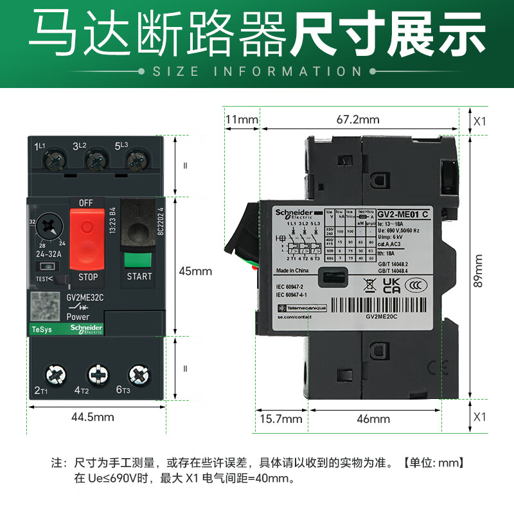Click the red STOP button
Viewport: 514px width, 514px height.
pyautogui.click(x=86, y=238)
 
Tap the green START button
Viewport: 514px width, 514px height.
pyautogui.click(x=139, y=261)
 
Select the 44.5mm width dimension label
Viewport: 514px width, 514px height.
pyautogui.click(x=93, y=417)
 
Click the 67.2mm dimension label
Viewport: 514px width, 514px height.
pyautogui.click(x=358, y=120)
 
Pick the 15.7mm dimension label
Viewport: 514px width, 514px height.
pyautogui.click(x=281, y=420)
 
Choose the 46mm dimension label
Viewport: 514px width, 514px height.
pyautogui.click(x=373, y=420)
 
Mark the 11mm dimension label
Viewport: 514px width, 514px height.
pyautogui.click(x=242, y=120)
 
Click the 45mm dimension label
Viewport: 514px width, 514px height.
pyautogui.click(x=195, y=271)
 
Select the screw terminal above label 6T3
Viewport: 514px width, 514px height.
pyautogui.click(x=138, y=373)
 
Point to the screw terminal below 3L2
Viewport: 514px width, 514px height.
pyautogui.click(x=96, y=158)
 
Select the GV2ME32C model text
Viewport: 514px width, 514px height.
pyautogui.click(x=85, y=297)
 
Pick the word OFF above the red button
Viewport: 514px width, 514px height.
pyautogui.click(x=86, y=203)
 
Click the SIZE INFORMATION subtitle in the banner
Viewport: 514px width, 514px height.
pyautogui.click(x=257, y=71)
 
